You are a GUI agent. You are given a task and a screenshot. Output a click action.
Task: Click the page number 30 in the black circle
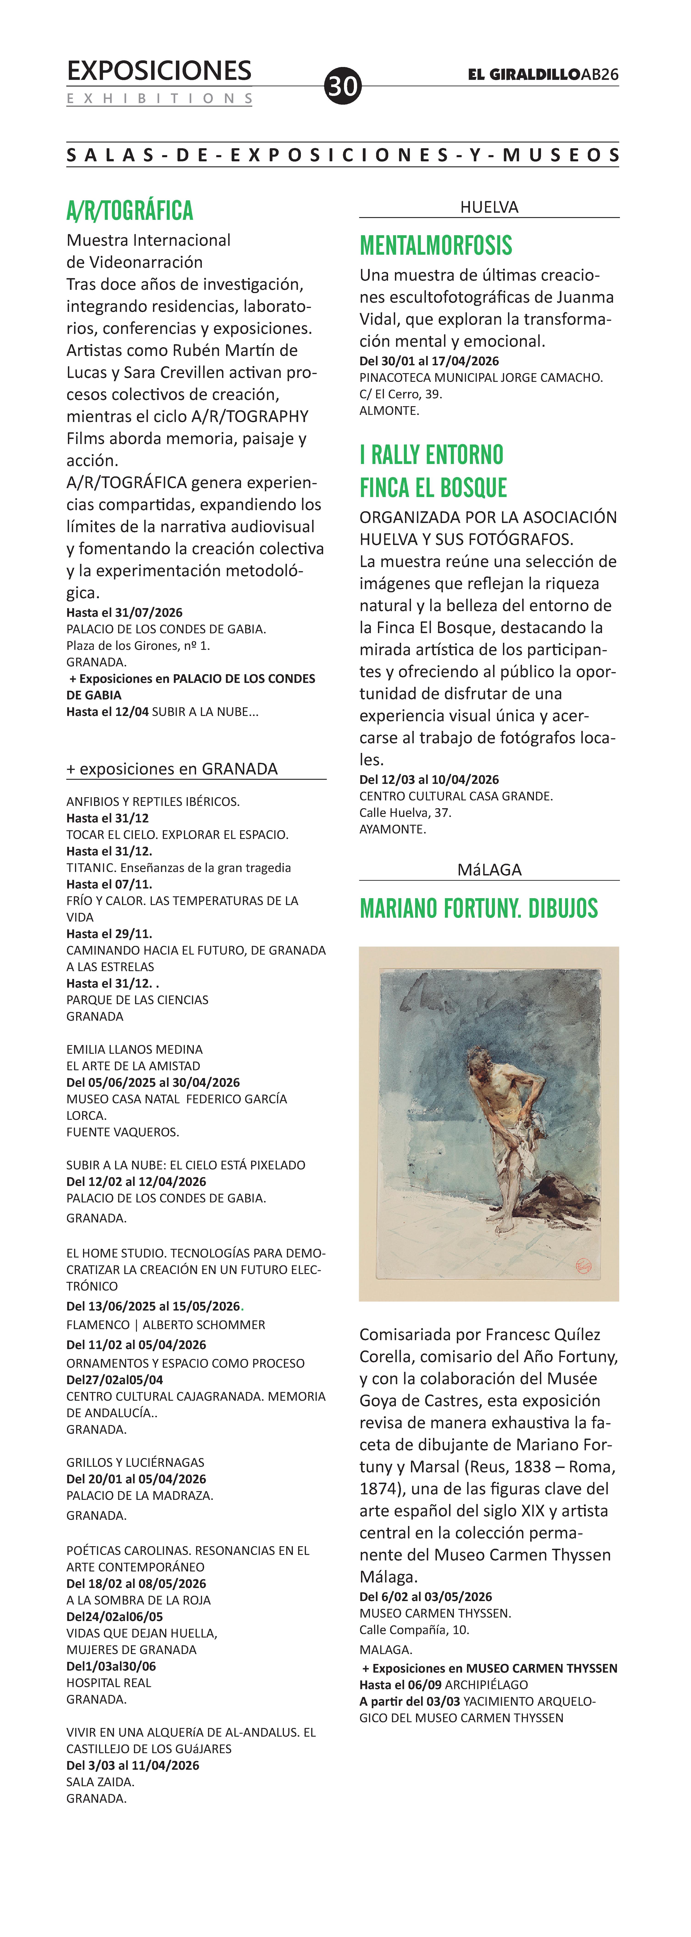pyautogui.click(x=343, y=87)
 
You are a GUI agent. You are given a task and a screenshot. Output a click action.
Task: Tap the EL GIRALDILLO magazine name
pyautogui.click(x=523, y=74)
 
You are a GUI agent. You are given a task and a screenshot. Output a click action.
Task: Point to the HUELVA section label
pyautogui.click(x=489, y=207)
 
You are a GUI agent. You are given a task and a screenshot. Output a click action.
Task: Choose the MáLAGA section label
pyautogui.click(x=489, y=869)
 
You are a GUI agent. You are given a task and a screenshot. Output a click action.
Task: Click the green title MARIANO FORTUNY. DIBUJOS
pyautogui.click(x=478, y=908)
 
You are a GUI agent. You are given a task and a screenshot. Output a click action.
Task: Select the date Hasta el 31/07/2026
pyautogui.click(x=124, y=613)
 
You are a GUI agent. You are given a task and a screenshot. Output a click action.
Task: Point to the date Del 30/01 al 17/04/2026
pyautogui.click(x=429, y=361)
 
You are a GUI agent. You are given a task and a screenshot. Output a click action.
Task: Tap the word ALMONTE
pyautogui.click(x=389, y=411)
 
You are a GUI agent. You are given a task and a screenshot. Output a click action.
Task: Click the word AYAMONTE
pyautogui.click(x=392, y=829)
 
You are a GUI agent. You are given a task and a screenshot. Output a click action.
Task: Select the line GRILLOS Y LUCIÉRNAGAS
pyautogui.click(x=135, y=1462)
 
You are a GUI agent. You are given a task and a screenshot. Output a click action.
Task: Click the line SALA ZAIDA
pyautogui.click(x=100, y=1782)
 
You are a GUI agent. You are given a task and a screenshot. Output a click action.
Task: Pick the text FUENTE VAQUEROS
pyautogui.click(x=122, y=1132)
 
